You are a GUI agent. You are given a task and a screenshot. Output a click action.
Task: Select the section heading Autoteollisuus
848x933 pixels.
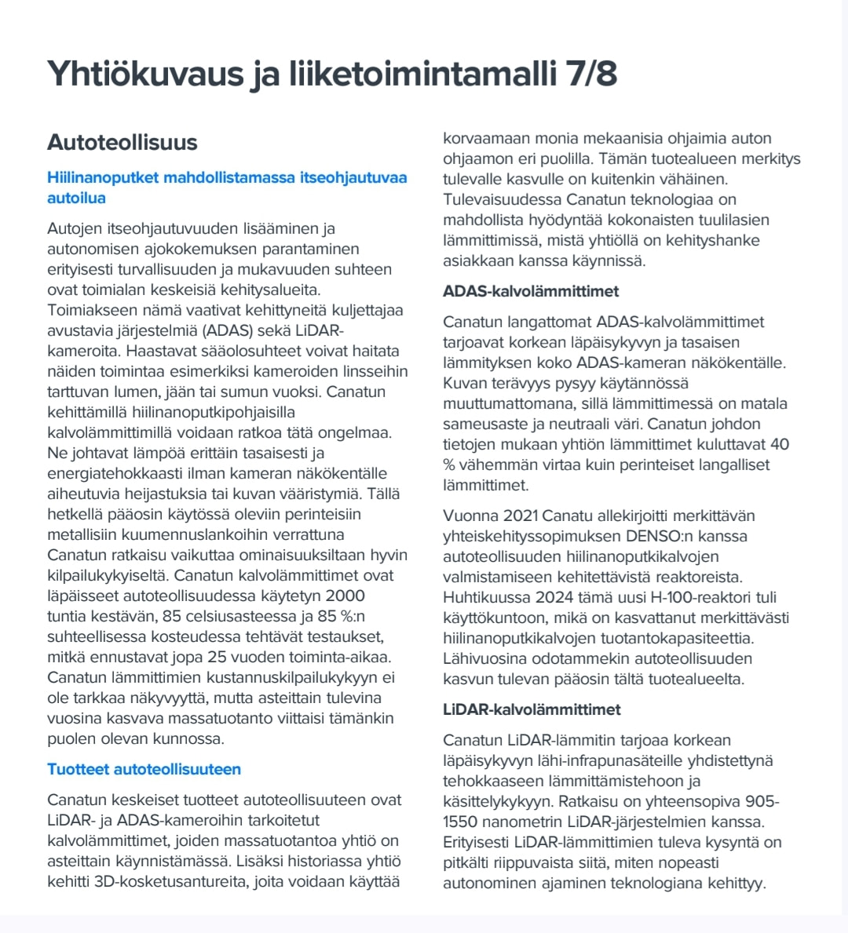[x=122, y=142]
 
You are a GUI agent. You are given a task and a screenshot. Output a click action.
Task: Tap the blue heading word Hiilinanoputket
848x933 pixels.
[x=103, y=177]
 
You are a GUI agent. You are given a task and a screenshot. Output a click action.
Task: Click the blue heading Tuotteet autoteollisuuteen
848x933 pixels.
[x=144, y=769]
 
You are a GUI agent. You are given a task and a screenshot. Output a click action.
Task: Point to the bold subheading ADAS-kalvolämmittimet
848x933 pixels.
[x=531, y=291]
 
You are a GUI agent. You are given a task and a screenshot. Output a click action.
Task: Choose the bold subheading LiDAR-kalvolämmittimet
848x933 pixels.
[x=532, y=709]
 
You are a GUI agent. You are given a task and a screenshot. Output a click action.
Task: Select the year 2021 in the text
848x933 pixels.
[x=519, y=516]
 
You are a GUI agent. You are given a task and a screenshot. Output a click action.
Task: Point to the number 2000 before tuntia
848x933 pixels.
[x=345, y=596]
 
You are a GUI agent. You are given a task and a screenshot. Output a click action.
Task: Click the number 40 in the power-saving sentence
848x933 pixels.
[x=779, y=444]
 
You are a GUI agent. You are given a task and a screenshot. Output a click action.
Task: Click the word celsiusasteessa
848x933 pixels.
[x=225, y=616]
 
